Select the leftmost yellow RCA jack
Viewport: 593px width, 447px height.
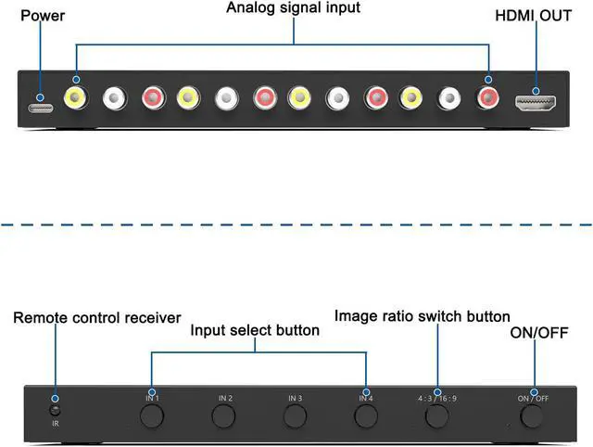point(74,96)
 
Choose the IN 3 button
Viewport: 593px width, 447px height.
point(295,415)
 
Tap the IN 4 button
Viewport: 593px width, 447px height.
point(366,415)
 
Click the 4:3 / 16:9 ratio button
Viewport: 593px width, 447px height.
point(436,415)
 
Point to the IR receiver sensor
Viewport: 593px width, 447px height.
point(55,409)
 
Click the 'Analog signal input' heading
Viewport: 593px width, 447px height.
point(294,8)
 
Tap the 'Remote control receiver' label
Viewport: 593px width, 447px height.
point(96,318)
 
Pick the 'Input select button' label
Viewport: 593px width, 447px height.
point(255,330)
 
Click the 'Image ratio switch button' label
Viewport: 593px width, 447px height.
point(422,317)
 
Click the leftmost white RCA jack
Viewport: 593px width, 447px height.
point(113,96)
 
